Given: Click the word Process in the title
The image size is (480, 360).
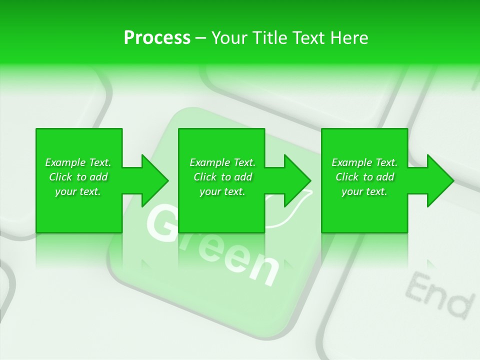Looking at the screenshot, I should (x=157, y=38).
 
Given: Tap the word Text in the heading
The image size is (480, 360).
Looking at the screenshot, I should (x=309, y=38).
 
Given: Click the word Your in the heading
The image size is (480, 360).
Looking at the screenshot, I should (x=230, y=38).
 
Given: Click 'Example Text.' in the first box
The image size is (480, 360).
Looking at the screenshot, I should (x=78, y=162).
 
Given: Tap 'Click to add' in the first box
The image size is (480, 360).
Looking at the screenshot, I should (x=78, y=177).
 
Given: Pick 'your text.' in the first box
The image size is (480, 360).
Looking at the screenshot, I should (x=78, y=191).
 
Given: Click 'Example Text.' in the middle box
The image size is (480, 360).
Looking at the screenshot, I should (x=222, y=162).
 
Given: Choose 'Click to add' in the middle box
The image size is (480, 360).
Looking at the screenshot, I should (x=222, y=177).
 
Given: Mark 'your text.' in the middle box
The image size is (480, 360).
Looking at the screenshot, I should (x=222, y=191).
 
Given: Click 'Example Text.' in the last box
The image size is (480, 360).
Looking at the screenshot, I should (x=364, y=162).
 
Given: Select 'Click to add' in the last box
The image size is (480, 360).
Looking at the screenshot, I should (x=364, y=177).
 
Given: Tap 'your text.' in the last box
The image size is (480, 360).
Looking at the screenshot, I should (x=364, y=191).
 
